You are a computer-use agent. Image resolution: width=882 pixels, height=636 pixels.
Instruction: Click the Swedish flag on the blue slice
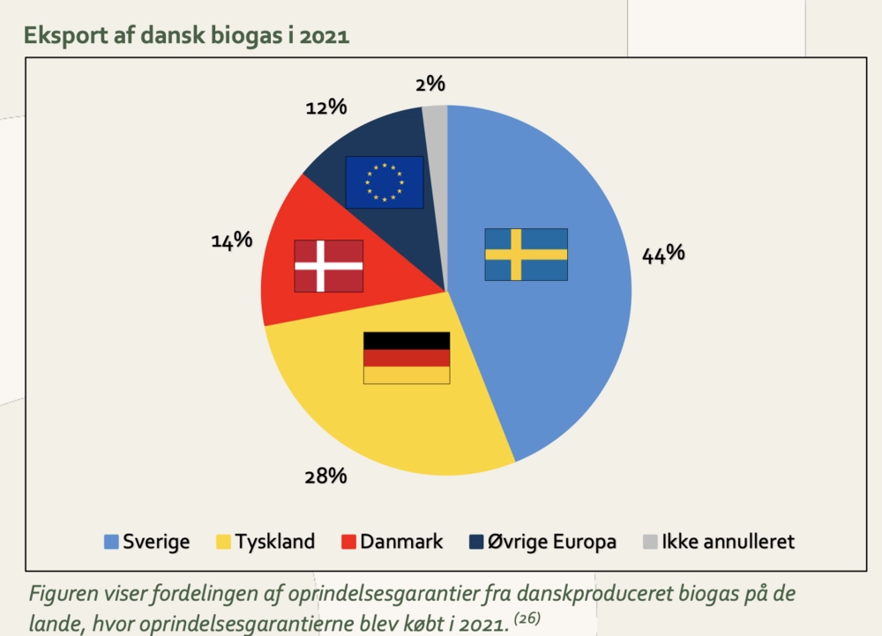point(526,255)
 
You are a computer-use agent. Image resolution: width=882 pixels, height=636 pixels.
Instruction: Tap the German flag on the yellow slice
point(407,358)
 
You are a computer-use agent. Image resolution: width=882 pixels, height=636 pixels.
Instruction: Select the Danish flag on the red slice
point(328,265)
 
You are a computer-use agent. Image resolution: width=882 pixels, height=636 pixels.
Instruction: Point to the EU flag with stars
point(384,181)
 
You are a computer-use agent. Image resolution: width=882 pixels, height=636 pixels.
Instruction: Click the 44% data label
point(663,253)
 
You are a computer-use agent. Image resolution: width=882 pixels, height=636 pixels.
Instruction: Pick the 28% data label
point(325,477)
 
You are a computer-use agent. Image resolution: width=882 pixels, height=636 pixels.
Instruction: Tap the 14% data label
point(232,240)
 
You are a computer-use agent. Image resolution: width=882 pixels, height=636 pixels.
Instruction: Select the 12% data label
point(325,107)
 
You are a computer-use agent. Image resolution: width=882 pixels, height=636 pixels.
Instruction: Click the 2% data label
point(430,85)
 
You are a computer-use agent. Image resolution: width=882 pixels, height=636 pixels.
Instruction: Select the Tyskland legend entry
point(265,541)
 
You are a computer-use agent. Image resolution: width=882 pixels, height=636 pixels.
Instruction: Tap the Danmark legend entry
point(392,541)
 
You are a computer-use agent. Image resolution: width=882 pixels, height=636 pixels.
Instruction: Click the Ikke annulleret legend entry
point(720,541)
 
